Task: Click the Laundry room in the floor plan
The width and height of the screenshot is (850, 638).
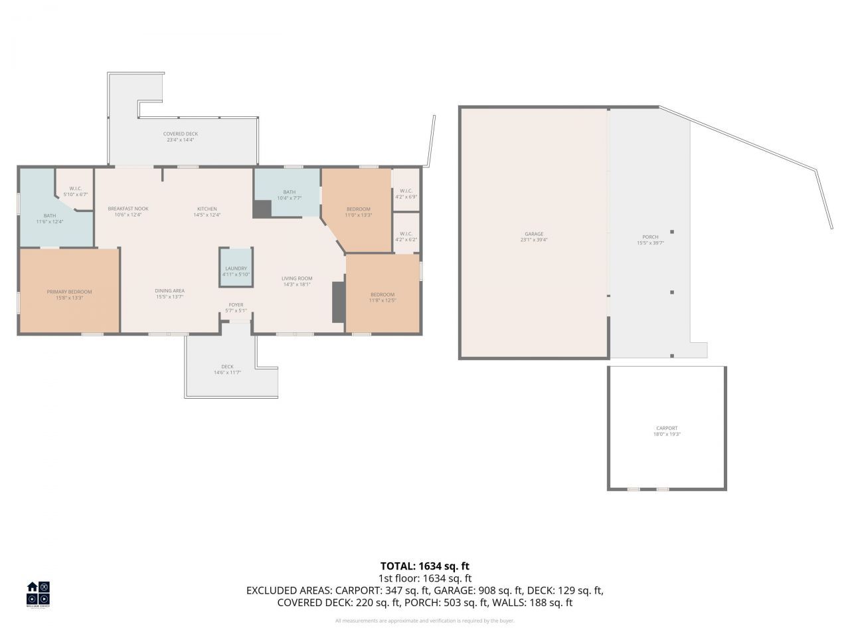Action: pyautogui.click(x=236, y=268)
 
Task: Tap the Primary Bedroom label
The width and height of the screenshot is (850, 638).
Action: pyautogui.click(x=69, y=292)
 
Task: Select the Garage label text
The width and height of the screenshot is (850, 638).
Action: pyautogui.click(x=534, y=234)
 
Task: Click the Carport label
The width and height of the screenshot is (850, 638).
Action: pyautogui.click(x=666, y=429)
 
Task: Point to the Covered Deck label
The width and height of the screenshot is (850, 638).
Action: pyautogui.click(x=181, y=134)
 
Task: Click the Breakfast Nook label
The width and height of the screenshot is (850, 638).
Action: pyautogui.click(x=128, y=209)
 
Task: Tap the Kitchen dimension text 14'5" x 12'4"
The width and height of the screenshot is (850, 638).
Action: pyautogui.click(x=207, y=215)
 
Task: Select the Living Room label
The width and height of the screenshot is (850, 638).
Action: pyautogui.click(x=297, y=278)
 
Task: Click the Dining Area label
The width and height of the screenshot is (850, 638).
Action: pyautogui.click(x=170, y=290)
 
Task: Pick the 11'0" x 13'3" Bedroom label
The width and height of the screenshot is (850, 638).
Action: pyautogui.click(x=358, y=209)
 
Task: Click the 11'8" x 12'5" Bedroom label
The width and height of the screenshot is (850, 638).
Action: pyautogui.click(x=382, y=295)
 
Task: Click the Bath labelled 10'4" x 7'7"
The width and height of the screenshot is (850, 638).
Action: pyautogui.click(x=289, y=192)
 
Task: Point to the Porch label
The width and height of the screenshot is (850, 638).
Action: pyautogui.click(x=650, y=237)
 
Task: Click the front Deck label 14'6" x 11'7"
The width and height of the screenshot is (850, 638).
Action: pyautogui.click(x=227, y=367)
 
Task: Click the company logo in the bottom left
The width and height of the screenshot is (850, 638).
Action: pyautogui.click(x=38, y=593)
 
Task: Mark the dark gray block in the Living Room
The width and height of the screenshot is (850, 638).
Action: pyautogui.click(x=339, y=302)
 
